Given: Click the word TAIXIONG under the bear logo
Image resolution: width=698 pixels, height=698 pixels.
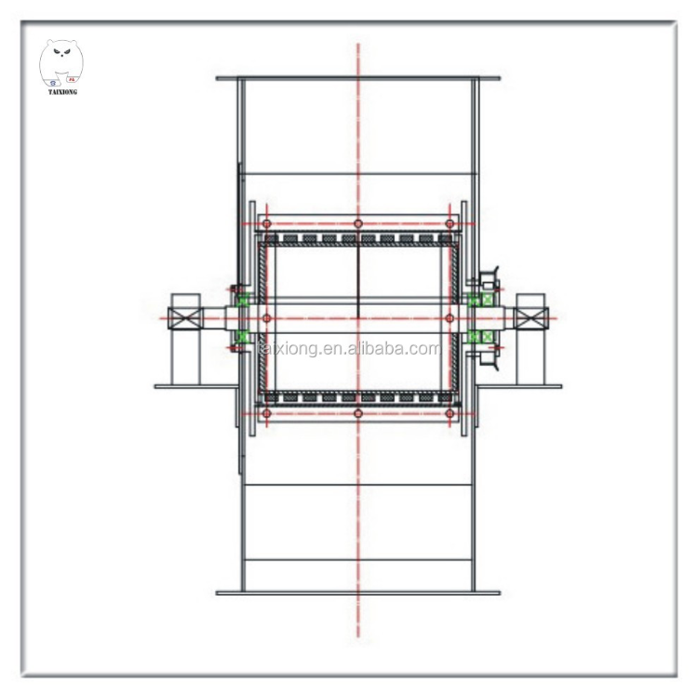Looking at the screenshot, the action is tap(62, 92).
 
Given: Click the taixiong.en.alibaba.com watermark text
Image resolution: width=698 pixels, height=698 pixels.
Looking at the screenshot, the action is tap(350, 349).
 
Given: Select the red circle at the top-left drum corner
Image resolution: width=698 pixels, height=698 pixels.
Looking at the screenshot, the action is tap(267, 223).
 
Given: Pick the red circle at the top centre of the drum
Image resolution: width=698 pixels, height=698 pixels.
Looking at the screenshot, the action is tap(358, 223).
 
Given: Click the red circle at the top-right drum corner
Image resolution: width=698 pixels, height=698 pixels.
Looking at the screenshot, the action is tap(450, 223).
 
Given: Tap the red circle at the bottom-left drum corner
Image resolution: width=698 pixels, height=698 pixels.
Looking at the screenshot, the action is tap(267, 413).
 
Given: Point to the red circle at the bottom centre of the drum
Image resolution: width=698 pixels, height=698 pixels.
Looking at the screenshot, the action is tap(358, 413).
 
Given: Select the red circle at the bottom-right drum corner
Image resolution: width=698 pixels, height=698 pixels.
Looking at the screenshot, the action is tap(450, 413).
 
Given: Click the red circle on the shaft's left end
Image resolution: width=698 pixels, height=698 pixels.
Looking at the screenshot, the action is tap(267, 318).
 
